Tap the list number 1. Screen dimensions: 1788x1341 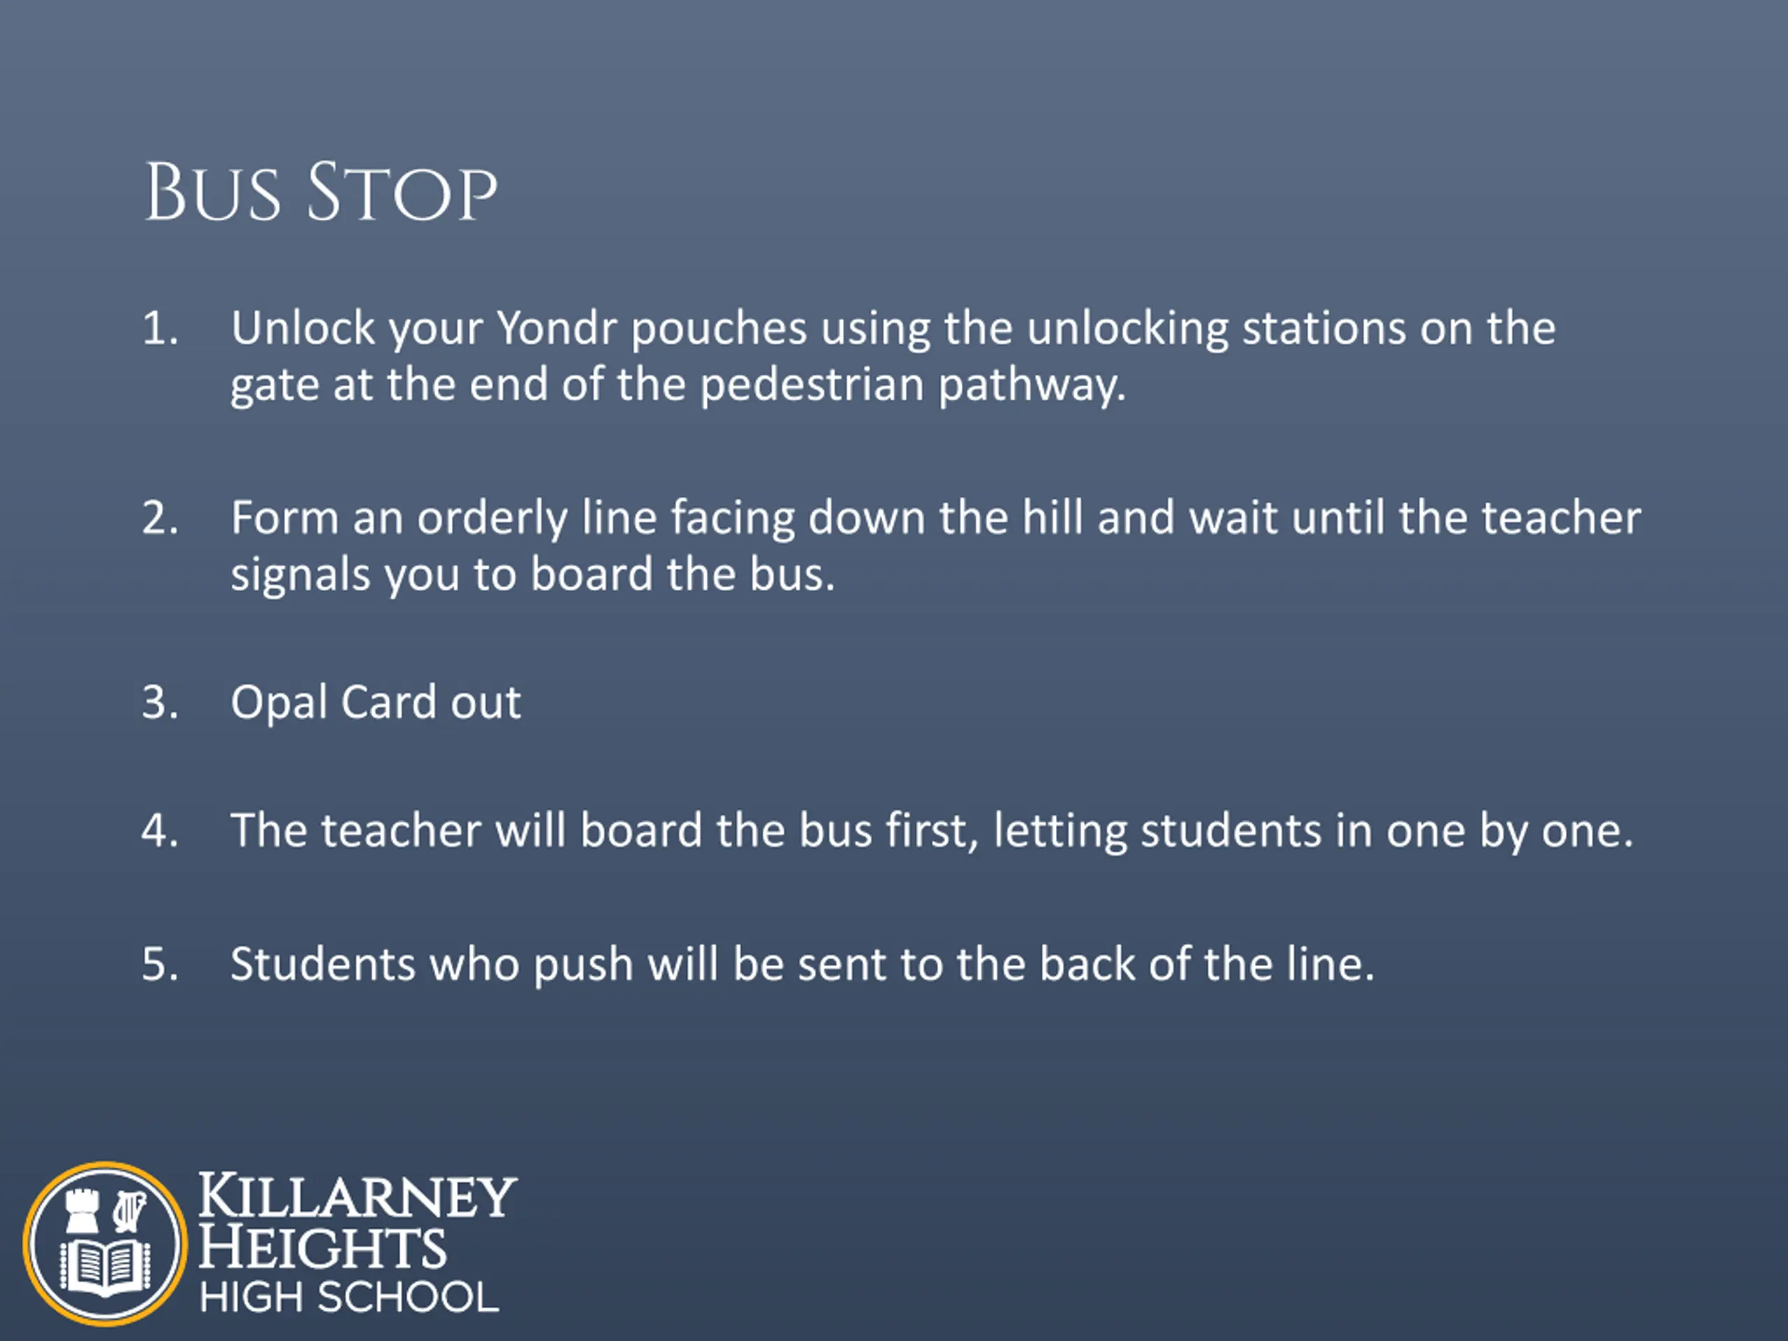click(160, 329)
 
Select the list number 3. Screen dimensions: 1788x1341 click(160, 702)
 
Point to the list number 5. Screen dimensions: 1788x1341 click(160, 965)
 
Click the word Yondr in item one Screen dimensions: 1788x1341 click(556, 328)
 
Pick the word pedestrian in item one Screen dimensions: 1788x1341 click(812, 385)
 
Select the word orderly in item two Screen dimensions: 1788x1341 click(492, 519)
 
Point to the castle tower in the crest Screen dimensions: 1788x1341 click(82, 1211)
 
